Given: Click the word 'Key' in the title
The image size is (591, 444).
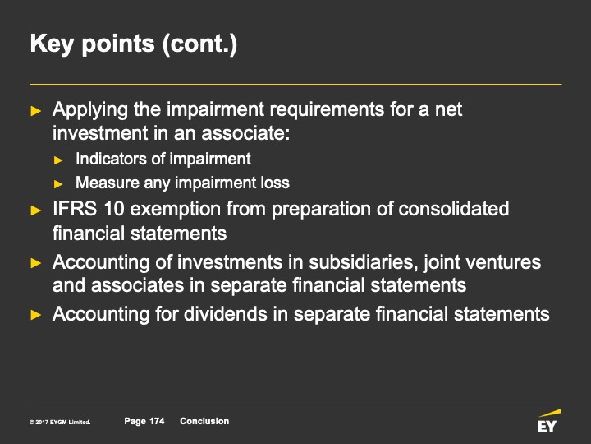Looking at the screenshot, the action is [51, 44].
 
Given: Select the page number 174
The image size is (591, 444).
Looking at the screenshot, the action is [157, 421].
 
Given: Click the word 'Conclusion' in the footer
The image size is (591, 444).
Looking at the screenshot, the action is [204, 421].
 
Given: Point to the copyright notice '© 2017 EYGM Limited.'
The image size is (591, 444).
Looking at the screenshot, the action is [60, 422].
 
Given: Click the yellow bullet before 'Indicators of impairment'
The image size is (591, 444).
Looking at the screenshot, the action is [58, 160].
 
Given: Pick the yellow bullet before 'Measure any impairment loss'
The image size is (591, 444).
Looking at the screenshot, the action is [58, 184].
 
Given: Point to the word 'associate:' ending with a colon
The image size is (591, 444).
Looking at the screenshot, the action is [245, 133].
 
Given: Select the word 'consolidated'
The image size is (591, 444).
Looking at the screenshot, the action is [453, 209].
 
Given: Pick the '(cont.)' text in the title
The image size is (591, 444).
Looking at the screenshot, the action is [199, 44].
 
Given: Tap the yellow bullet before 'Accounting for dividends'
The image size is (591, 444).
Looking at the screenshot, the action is [35, 314].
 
